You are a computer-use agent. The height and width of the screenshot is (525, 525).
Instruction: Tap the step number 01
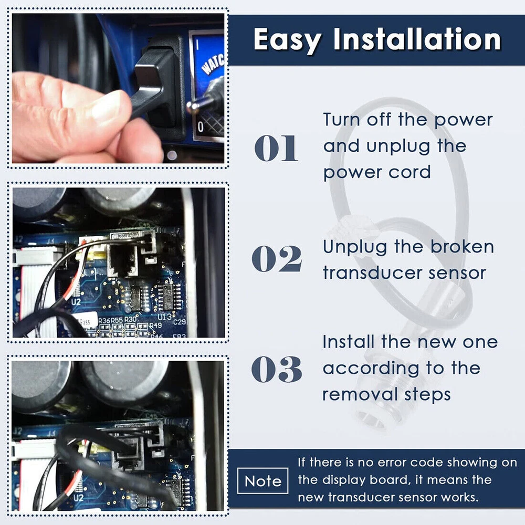276,148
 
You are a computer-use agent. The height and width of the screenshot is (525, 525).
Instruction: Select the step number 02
277,258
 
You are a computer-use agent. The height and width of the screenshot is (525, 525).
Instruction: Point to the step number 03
277,369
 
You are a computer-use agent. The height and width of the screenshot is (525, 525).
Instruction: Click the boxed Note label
263,481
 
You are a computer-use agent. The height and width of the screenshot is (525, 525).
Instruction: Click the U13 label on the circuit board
165,317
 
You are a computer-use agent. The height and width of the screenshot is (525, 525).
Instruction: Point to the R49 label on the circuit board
155,325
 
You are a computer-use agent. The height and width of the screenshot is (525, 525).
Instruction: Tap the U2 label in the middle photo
76,302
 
